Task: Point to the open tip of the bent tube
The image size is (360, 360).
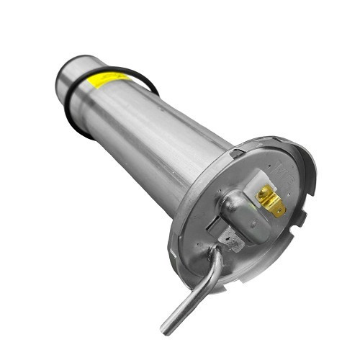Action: [x=166, y=330]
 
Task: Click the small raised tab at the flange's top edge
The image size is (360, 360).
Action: [x=237, y=152]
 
